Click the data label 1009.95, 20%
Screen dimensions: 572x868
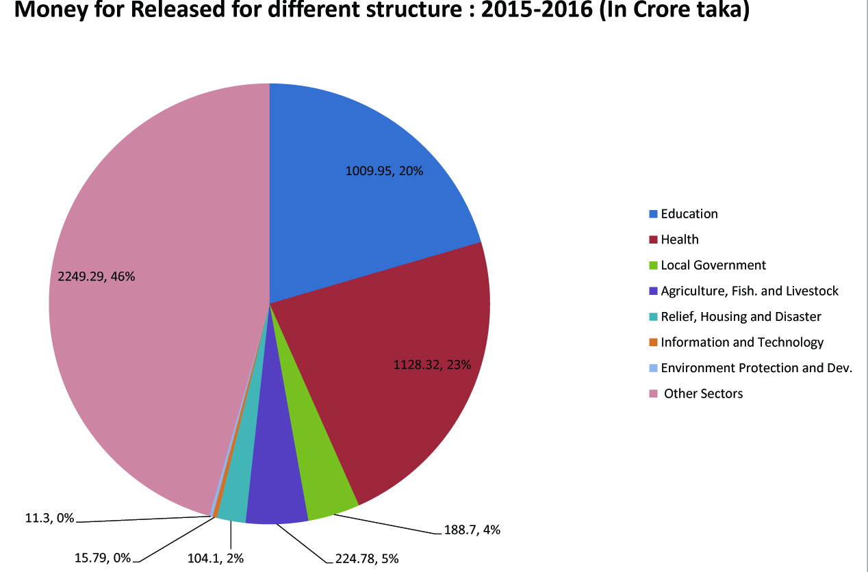[384, 171]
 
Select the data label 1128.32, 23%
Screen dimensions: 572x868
[432, 365]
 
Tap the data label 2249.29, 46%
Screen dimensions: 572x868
[96, 276]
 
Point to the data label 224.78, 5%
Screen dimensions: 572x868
[367, 558]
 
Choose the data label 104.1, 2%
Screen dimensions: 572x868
[216, 558]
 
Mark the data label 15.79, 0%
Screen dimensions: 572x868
[102, 558]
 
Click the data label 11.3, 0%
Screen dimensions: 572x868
[49, 518]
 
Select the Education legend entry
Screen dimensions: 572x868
[689, 214]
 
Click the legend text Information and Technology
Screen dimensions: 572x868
[742, 342]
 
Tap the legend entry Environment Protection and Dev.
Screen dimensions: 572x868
[756, 368]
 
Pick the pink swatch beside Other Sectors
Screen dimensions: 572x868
[653, 393]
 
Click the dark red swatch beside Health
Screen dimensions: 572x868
[653, 239]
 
